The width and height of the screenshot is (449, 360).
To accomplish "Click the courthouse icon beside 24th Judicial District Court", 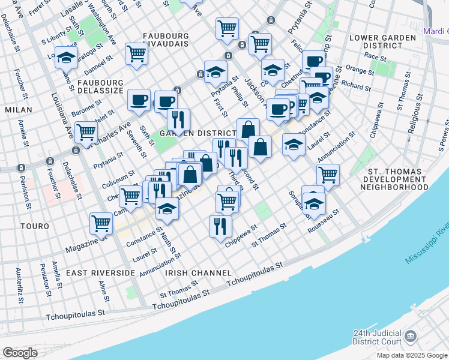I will (x=411, y=337).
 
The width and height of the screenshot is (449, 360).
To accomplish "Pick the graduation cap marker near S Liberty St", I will (x=66, y=58).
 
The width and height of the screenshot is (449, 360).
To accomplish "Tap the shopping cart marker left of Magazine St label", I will (x=101, y=224).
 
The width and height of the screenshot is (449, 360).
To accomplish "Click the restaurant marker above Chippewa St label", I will (x=220, y=226).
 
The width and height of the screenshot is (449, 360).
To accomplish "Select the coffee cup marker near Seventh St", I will (x=139, y=100).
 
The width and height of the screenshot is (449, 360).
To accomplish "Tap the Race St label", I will (x=375, y=57).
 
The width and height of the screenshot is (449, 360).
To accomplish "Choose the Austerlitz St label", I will (x=20, y=292).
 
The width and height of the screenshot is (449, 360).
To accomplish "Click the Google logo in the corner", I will (x=20, y=353).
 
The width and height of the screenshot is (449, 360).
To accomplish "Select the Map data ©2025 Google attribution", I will (x=412, y=355).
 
